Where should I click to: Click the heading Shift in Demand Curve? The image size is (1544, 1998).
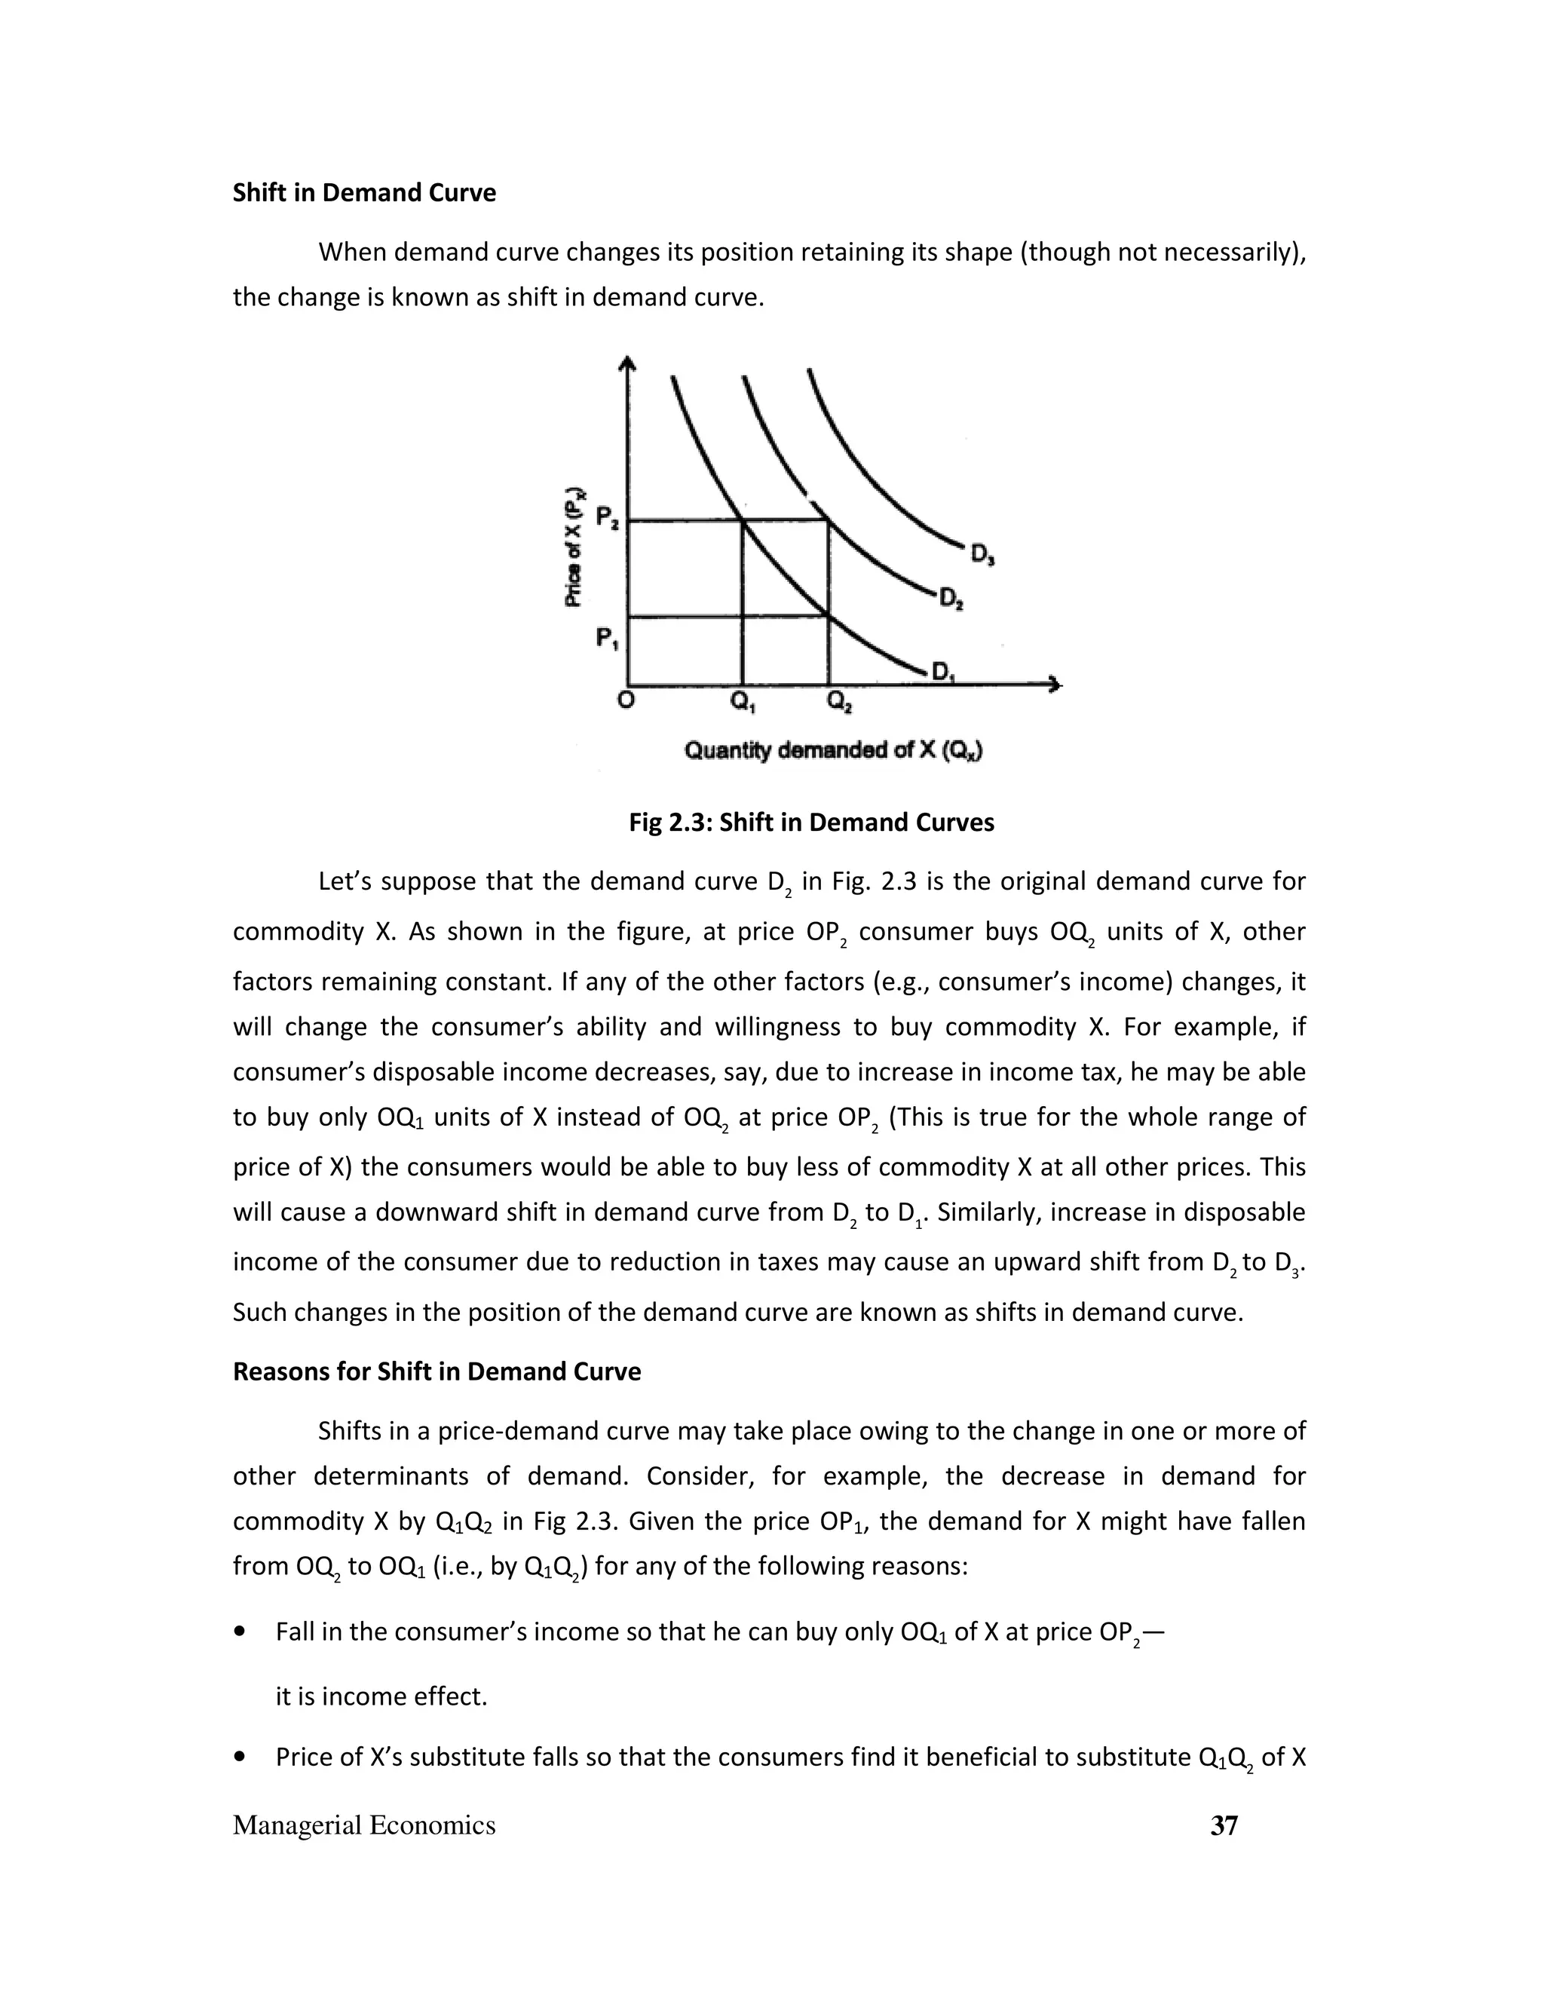(364, 193)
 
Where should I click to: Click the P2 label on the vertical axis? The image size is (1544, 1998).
(608, 518)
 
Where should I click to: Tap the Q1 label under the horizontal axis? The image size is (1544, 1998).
(742, 703)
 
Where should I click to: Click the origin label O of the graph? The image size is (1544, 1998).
(626, 700)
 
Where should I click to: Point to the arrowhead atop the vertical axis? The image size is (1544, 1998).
(626, 363)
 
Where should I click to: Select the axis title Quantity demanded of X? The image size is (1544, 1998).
(833, 751)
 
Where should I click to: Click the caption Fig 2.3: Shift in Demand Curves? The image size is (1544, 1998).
(810, 823)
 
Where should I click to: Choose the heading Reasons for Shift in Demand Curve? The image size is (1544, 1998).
(437, 1371)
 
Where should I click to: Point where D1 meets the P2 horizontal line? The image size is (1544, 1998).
(742, 520)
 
